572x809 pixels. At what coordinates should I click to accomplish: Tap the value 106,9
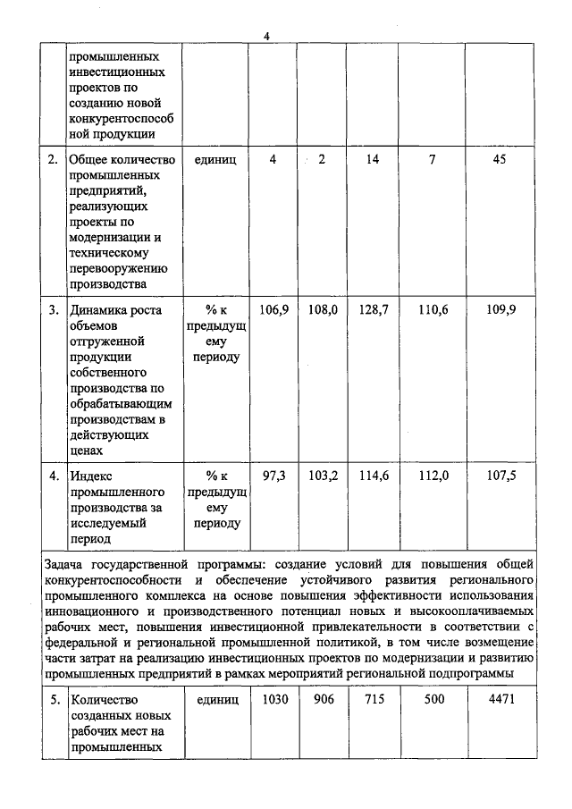273,309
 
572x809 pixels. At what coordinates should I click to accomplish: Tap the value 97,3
273,476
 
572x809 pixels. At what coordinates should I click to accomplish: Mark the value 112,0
433,476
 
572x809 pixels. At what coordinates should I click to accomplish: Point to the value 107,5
500,476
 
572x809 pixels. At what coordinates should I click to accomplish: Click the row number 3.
53,310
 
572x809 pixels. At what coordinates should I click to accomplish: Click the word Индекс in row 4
92,476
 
